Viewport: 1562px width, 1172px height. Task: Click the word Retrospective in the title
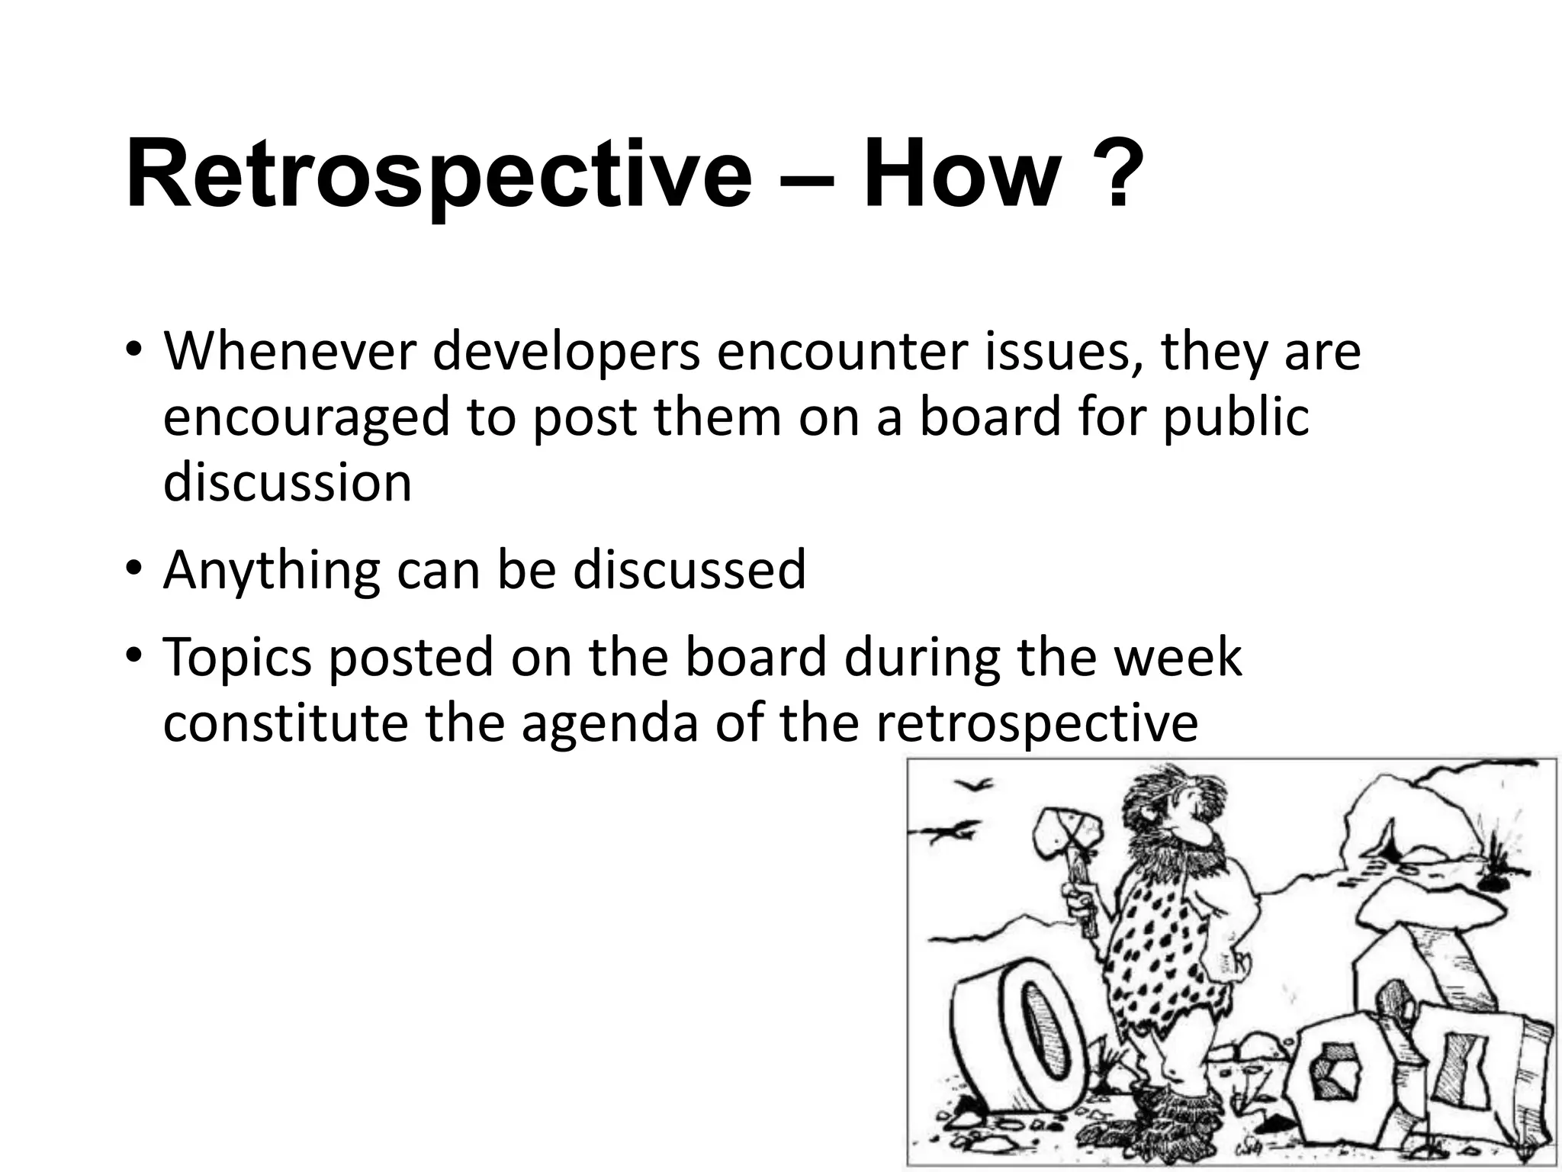(439, 174)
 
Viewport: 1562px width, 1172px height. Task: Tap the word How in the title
(961, 174)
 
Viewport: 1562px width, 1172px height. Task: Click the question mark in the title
(1117, 174)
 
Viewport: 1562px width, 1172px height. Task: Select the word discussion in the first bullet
(288, 484)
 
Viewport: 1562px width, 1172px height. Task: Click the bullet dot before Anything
(134, 570)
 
